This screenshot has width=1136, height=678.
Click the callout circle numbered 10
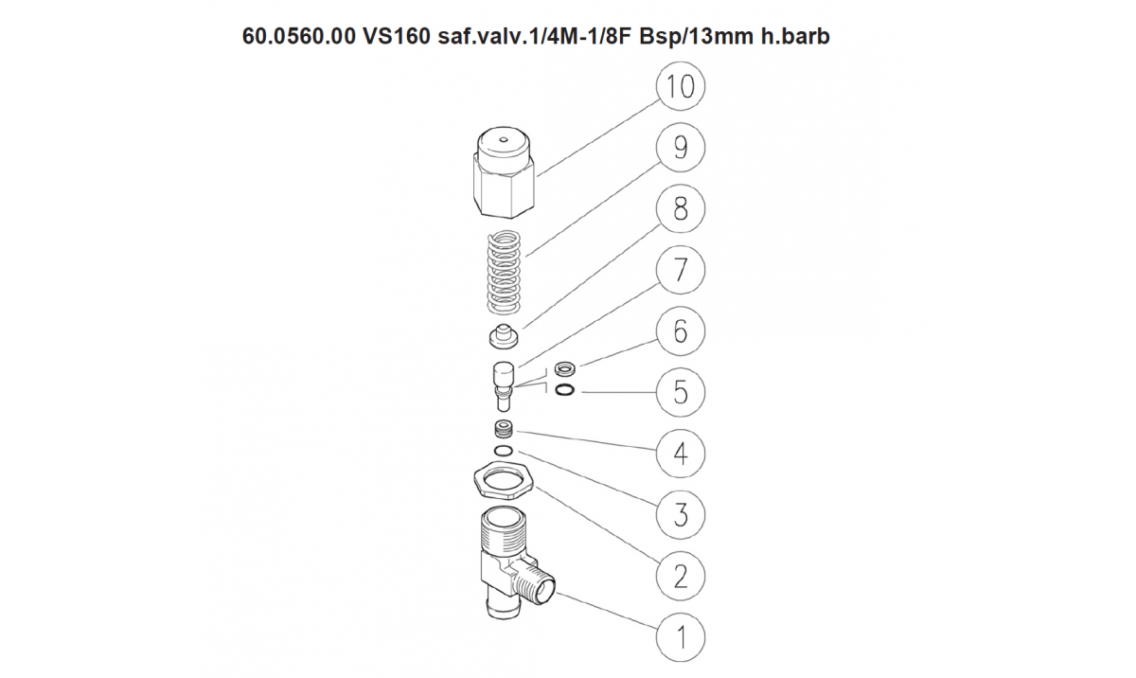coord(680,86)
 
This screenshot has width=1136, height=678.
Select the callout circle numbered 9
coord(680,148)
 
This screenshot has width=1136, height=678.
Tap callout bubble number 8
coord(680,208)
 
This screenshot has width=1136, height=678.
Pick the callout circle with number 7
coord(680,270)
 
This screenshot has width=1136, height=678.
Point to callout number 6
coord(680,331)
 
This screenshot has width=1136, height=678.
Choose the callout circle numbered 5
coord(680,392)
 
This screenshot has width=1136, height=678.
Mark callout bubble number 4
coord(680,454)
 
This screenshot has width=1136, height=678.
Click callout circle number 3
coord(680,515)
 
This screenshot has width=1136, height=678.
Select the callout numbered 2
coord(680,576)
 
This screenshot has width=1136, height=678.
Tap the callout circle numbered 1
coord(680,637)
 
